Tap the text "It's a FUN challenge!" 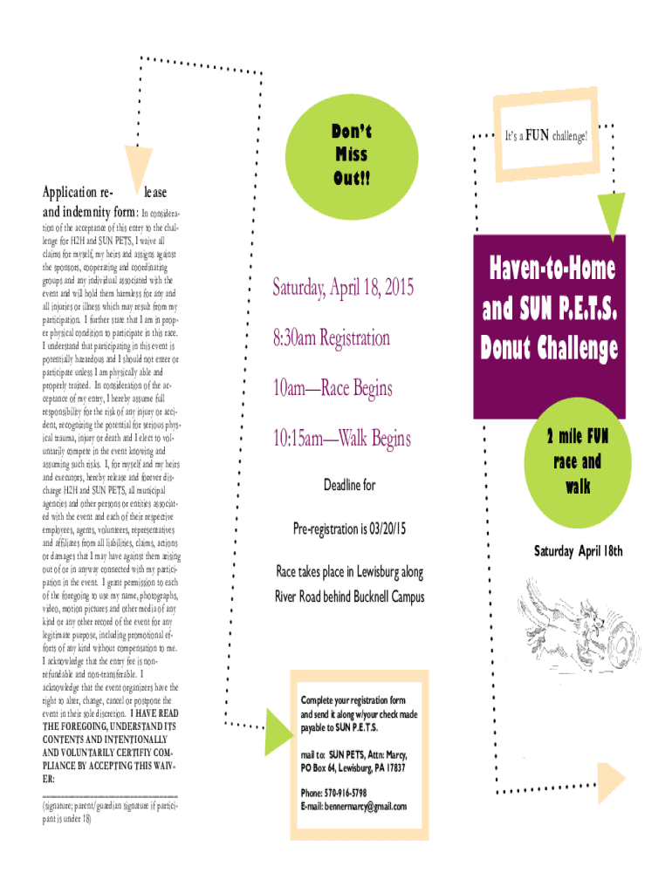547,136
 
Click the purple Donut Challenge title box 549,310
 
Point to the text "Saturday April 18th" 579,551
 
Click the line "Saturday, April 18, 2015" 343,287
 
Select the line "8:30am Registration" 331,337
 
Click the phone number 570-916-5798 345,793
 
